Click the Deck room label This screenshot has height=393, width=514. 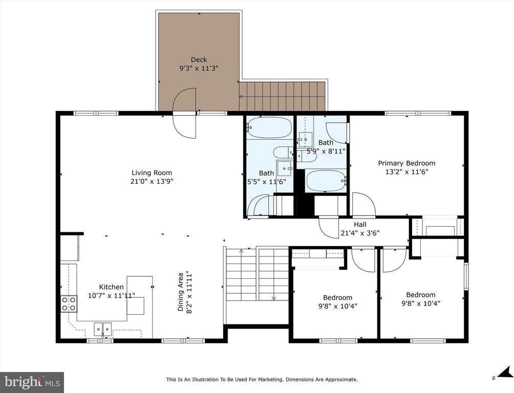coord(199,59)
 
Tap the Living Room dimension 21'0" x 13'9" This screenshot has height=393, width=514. coord(152,181)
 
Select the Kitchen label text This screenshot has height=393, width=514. coord(111,287)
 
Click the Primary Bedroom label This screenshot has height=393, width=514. coord(406,163)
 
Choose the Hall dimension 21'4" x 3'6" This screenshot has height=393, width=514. coord(360,233)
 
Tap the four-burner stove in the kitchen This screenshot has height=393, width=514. coord(69,304)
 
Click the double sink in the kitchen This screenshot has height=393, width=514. coord(103,328)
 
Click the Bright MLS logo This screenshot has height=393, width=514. coord(32,382)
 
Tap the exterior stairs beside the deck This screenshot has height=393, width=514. coord(283,96)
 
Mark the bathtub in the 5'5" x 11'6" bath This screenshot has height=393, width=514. coord(269,128)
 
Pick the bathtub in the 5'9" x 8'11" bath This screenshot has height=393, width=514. coord(326,181)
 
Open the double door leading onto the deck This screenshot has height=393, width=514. coord(184,114)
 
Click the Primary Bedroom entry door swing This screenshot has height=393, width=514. coord(363,205)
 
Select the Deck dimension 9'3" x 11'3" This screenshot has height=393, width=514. coord(199,68)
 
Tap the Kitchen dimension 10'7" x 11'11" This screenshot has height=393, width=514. coord(111,295)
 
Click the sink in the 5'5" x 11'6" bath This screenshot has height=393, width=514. coord(284,168)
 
